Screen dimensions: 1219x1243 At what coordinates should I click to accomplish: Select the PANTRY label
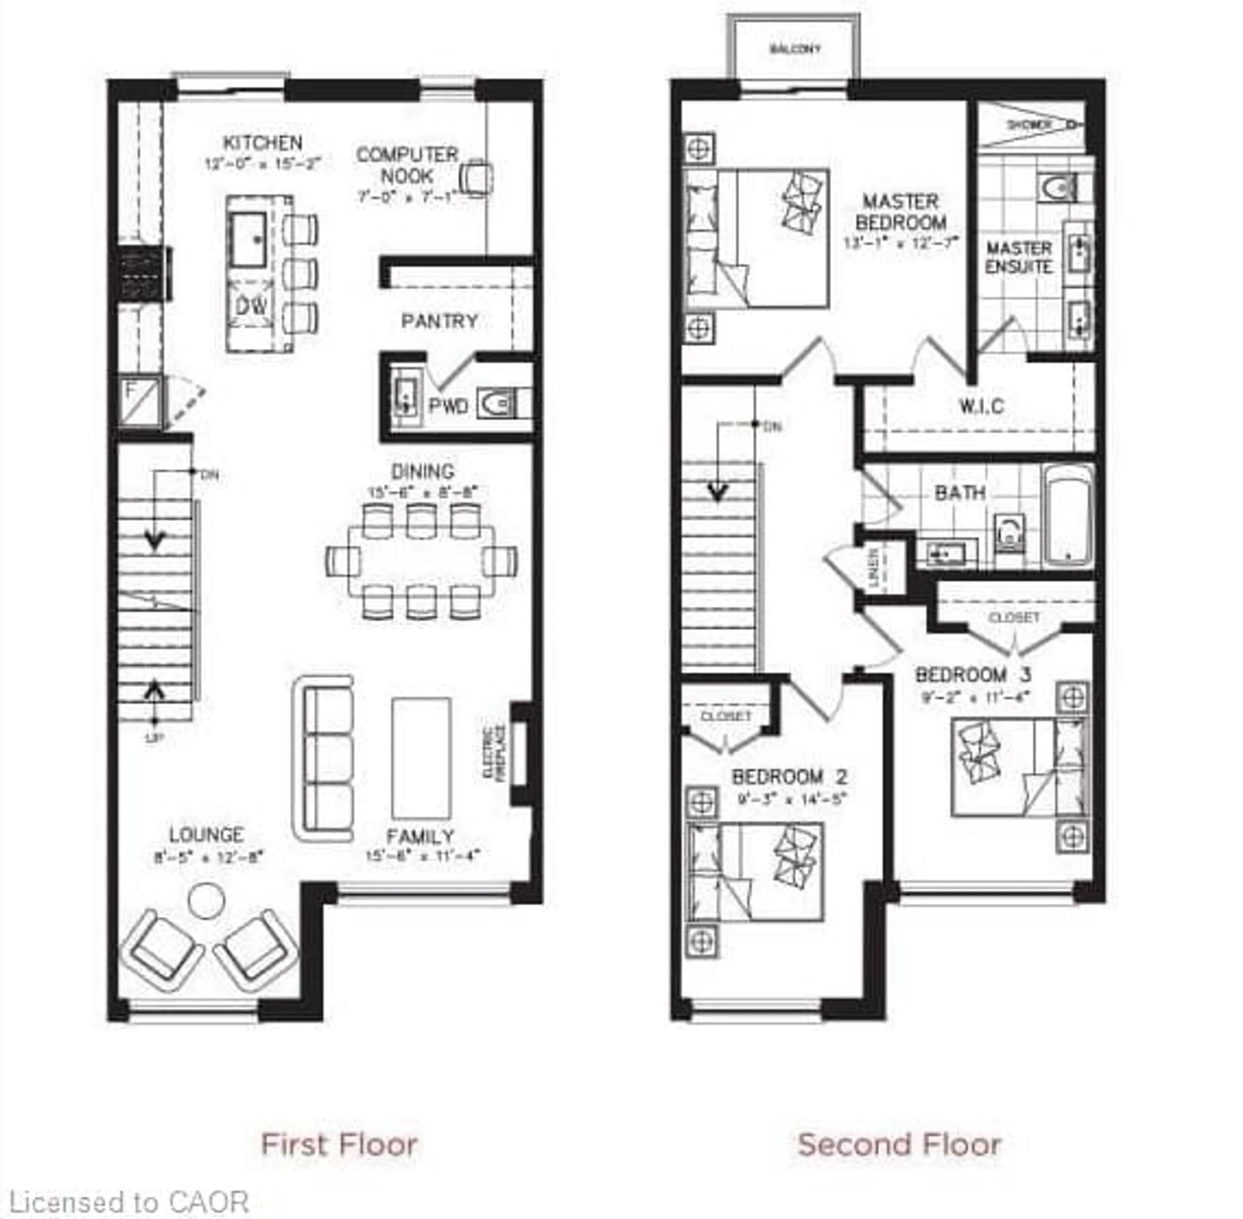click(439, 321)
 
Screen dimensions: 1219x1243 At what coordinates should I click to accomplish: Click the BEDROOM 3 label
click(973, 675)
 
